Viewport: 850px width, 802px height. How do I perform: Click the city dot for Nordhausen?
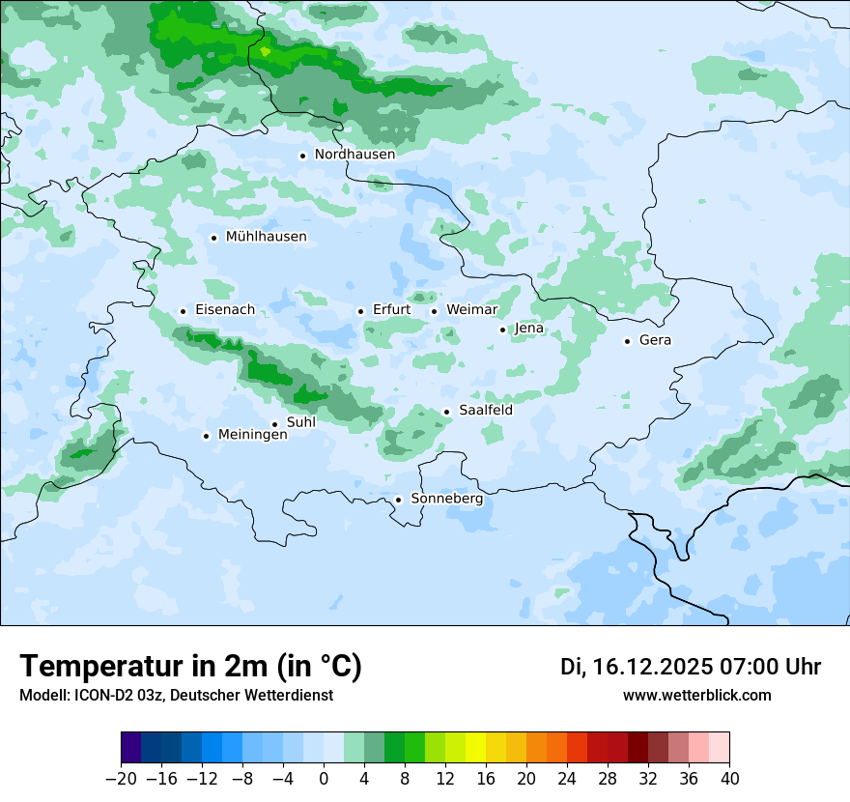(302, 156)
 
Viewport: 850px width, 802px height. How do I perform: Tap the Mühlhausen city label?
(266, 237)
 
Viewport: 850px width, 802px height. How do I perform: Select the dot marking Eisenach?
(183, 311)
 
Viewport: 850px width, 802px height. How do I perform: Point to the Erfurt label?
(391, 310)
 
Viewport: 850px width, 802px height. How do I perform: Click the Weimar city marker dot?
(434, 311)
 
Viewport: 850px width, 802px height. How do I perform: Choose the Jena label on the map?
(529, 329)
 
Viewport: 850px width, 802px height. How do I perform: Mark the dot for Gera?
(627, 341)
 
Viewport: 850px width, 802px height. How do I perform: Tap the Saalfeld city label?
(485, 411)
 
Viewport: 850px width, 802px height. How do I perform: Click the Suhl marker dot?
(274, 424)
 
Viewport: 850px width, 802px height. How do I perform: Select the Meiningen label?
(252, 435)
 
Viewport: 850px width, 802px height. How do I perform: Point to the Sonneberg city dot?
(398, 500)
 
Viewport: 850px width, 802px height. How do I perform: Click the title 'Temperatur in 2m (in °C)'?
(190, 667)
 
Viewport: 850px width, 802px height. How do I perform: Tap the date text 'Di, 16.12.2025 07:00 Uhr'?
(690, 667)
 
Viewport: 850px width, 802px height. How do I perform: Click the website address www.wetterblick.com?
(696, 695)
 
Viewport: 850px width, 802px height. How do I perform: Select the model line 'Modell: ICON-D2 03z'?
(97, 695)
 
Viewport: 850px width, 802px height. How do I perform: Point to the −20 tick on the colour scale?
(122, 779)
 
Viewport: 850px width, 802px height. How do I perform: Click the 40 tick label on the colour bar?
(729, 779)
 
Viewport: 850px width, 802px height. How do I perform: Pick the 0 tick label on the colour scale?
(324, 779)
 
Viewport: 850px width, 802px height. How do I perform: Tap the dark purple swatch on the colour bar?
(131, 748)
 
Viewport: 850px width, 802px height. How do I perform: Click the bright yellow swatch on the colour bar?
(475, 748)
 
